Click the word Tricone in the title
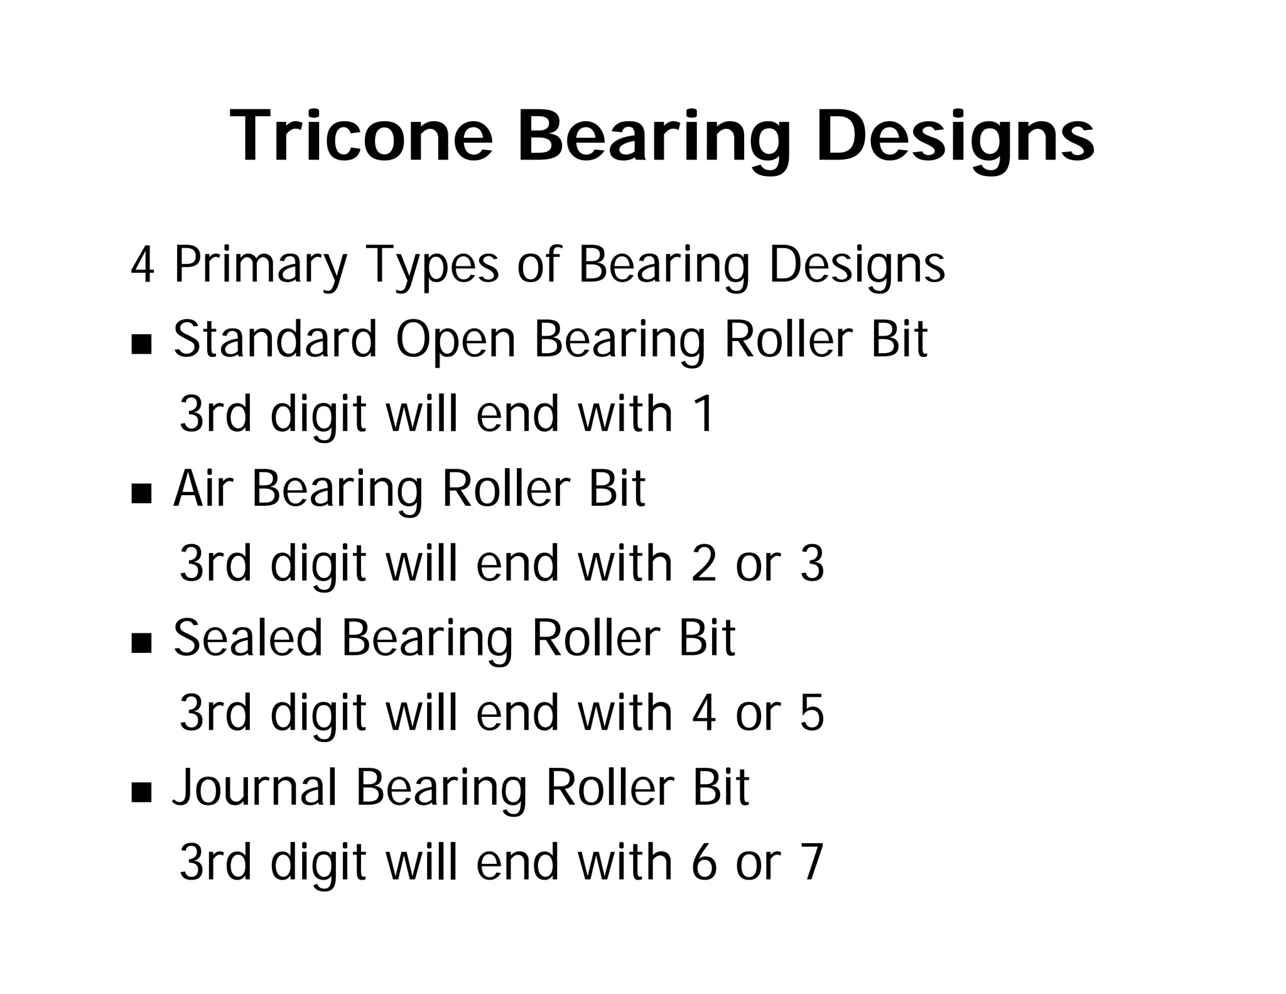362,136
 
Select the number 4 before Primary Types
142,265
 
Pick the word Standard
275,339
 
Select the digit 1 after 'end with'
705,414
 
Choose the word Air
203,489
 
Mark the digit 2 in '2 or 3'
704,564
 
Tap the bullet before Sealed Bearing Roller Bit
142,643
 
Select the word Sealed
248,638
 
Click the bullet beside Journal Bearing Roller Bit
142,792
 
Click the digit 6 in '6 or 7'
704,863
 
